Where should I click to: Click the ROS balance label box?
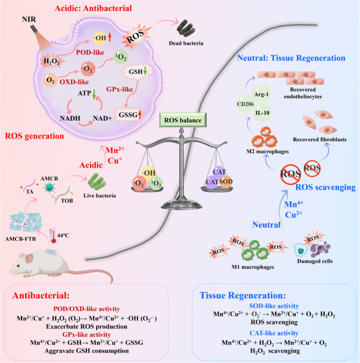[183, 121]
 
